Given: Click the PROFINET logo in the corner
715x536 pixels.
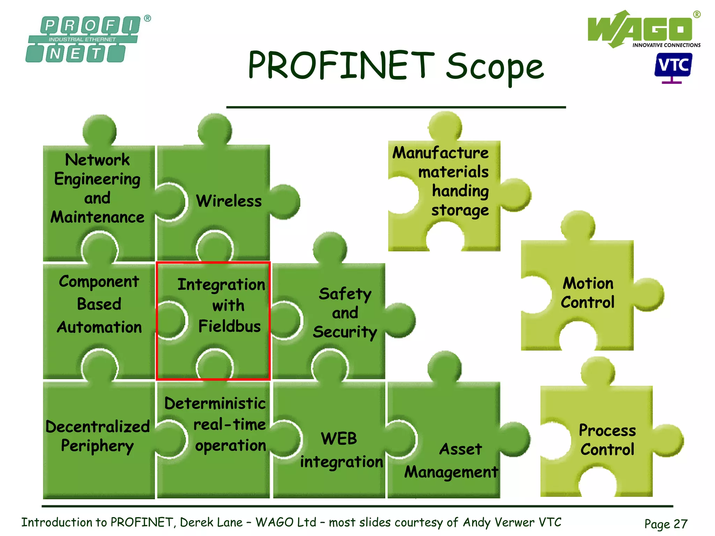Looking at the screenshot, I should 84,39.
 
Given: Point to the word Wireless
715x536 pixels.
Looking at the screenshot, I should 229,201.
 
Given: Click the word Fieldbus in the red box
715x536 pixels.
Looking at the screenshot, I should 229,326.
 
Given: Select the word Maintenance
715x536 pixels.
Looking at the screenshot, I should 97,217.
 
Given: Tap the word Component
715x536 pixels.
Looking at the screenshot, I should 99,281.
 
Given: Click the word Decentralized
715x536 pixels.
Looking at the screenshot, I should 98,426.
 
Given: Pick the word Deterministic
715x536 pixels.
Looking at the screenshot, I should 215,403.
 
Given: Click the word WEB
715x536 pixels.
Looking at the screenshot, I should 339,438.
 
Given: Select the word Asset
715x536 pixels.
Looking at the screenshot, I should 460,449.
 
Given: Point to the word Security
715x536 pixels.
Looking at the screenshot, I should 345,332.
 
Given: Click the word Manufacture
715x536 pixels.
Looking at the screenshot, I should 440,152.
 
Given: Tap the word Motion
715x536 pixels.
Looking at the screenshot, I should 588,283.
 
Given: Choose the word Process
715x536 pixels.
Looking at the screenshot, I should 607,430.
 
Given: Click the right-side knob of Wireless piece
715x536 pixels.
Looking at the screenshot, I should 286,202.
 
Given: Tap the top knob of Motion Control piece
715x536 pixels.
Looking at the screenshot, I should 577,226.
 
